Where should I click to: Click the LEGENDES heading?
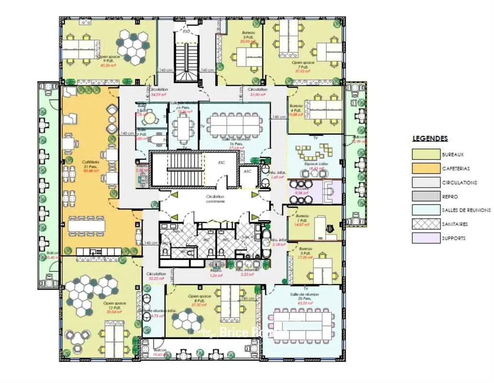430,139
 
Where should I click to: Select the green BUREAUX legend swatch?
426,154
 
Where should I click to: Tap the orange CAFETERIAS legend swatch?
426,168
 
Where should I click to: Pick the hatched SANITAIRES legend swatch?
426,224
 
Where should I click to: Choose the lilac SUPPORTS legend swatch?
426,237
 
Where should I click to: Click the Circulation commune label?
215,199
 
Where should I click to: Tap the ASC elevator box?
247,171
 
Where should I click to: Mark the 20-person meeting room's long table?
303,322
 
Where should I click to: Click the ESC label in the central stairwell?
221,163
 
